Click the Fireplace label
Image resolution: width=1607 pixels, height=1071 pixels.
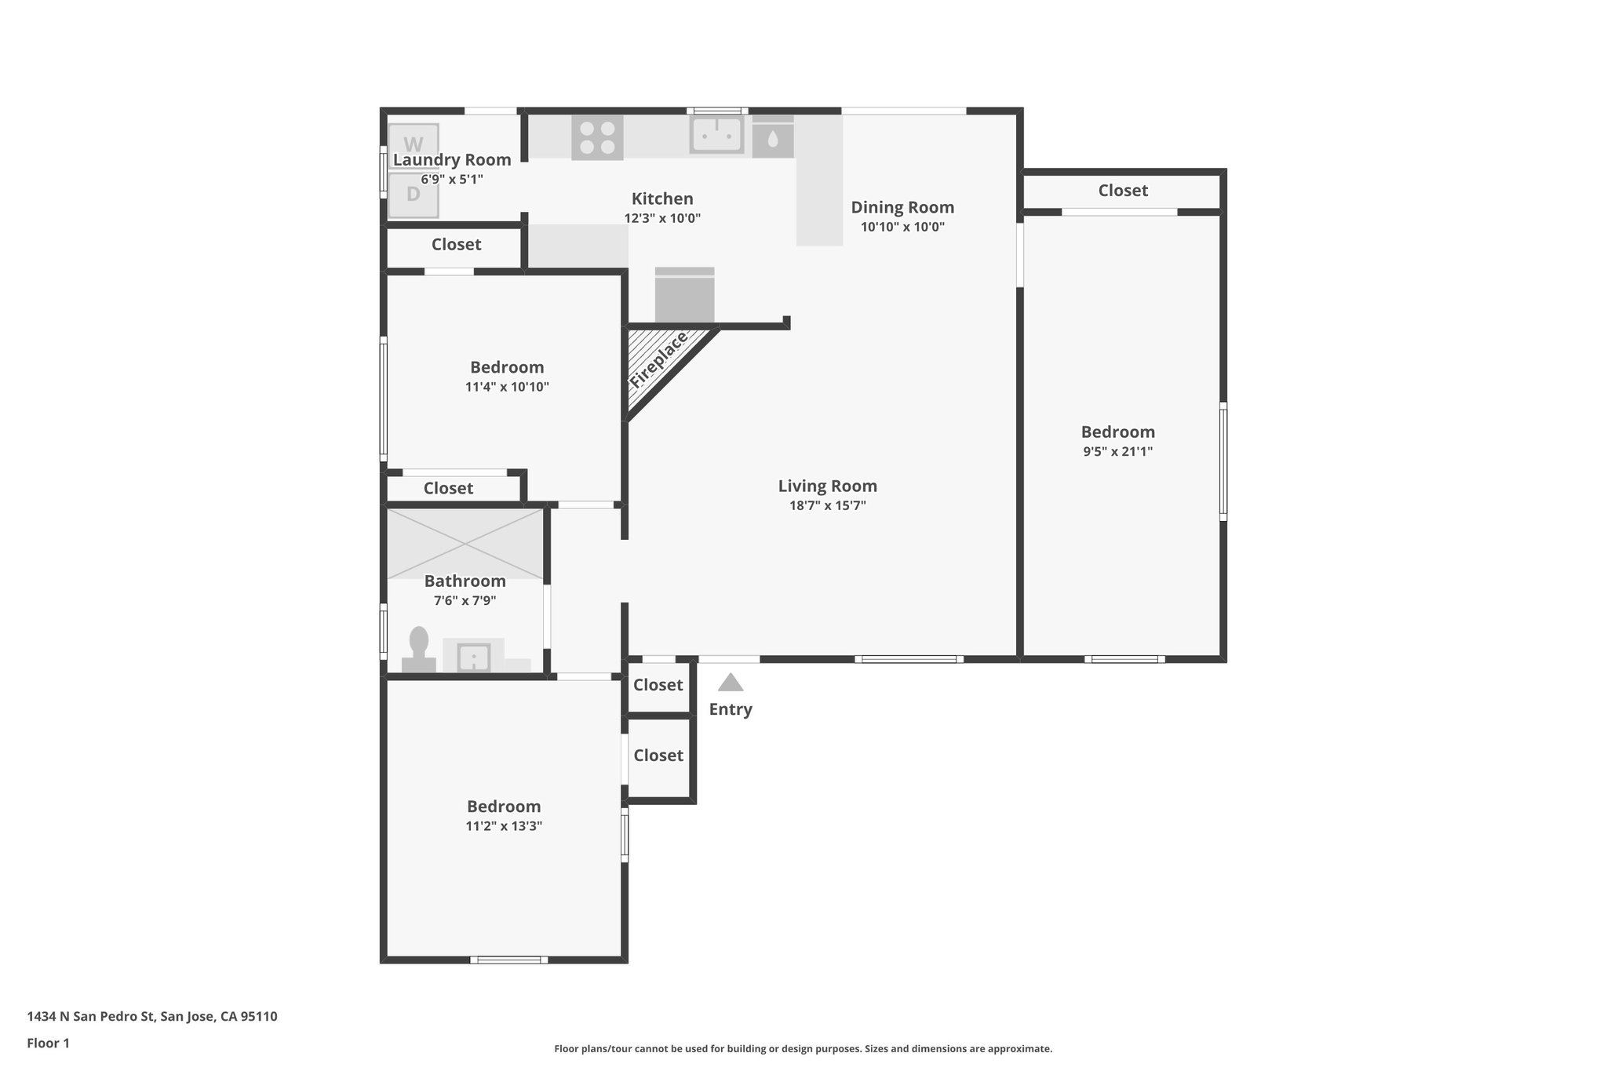(658, 359)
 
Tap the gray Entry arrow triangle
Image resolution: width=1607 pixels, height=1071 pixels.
(731, 683)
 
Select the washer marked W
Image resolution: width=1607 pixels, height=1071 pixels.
(414, 144)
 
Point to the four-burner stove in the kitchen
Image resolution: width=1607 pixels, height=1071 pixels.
(597, 137)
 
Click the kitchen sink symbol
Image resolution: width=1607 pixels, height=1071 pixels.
(716, 134)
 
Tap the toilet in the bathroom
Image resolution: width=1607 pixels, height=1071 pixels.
(419, 650)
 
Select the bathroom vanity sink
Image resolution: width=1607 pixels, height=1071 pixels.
(474, 658)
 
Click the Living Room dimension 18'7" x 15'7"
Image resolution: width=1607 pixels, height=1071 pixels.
(827, 506)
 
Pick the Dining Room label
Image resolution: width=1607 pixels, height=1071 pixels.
(902, 207)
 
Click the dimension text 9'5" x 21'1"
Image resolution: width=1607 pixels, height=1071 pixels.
(1117, 451)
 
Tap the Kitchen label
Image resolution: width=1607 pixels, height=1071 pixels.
(662, 199)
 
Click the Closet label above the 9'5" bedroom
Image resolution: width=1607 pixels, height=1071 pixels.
(1123, 190)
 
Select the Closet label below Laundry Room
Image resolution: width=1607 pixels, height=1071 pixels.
(456, 244)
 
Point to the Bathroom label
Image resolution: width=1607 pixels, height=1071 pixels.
(465, 581)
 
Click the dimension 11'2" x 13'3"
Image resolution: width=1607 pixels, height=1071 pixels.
(503, 825)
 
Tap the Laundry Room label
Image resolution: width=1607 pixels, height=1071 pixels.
(452, 159)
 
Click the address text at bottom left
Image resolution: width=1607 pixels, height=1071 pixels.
(152, 1016)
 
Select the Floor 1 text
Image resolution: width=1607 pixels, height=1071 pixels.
(48, 1043)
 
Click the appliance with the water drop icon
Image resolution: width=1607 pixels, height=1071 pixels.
(773, 138)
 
